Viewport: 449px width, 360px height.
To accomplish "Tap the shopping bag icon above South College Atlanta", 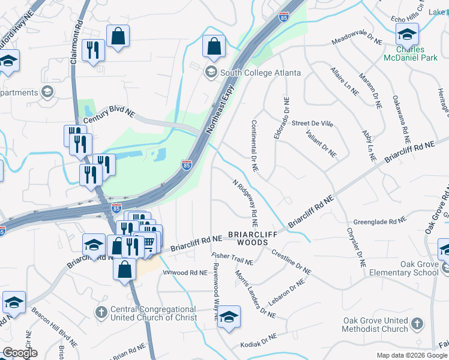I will click(x=213, y=46).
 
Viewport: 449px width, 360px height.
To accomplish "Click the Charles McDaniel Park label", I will click(x=410, y=53).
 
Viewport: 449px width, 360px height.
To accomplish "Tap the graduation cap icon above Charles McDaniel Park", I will click(x=407, y=33).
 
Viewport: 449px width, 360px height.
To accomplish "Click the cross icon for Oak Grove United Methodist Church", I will click(x=417, y=325).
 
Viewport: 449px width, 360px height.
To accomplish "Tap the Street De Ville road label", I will click(x=312, y=124).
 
